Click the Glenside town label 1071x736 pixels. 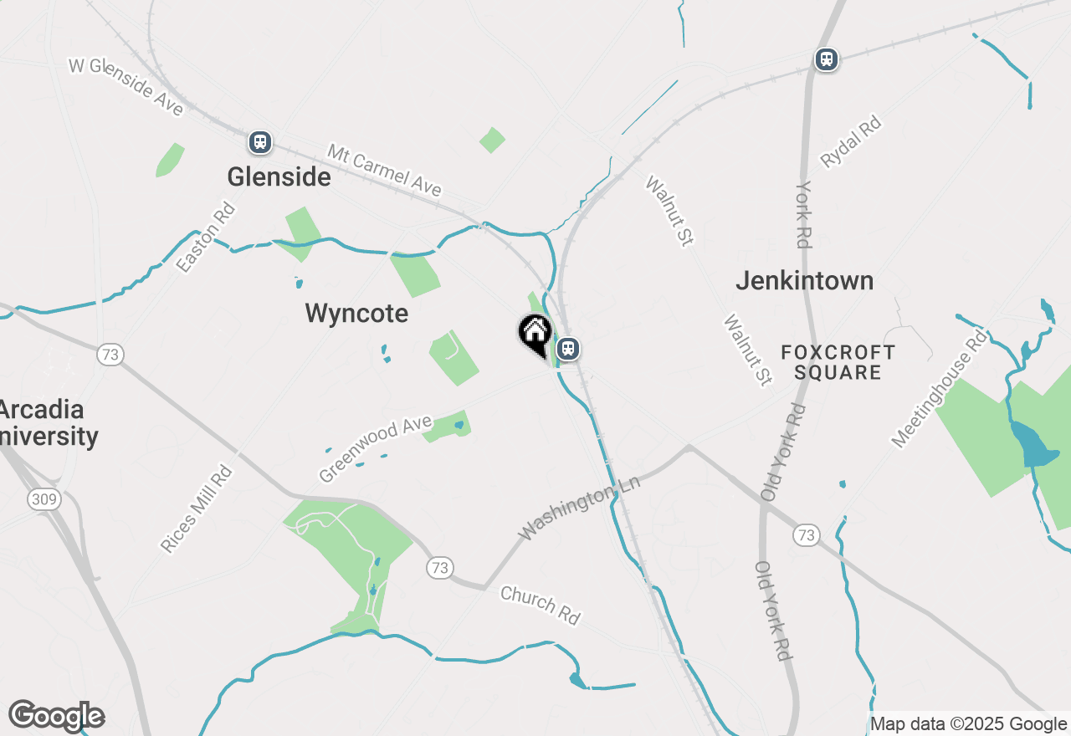click(279, 177)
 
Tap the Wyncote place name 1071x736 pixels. click(356, 314)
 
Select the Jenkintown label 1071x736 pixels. click(804, 281)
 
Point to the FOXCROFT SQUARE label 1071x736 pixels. click(837, 362)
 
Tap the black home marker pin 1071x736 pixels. click(535, 335)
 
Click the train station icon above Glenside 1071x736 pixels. click(260, 142)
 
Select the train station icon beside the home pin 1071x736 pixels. click(568, 349)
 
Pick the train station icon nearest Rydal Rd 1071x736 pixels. click(827, 59)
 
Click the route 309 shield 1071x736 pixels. click(44, 500)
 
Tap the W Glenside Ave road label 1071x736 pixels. click(126, 86)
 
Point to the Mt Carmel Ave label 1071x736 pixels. click(384, 171)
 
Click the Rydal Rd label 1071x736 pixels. click(851, 143)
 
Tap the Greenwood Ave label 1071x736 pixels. click(374, 450)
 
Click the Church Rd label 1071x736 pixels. click(540, 605)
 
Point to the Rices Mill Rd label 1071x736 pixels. click(196, 509)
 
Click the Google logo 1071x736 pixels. click(57, 717)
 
